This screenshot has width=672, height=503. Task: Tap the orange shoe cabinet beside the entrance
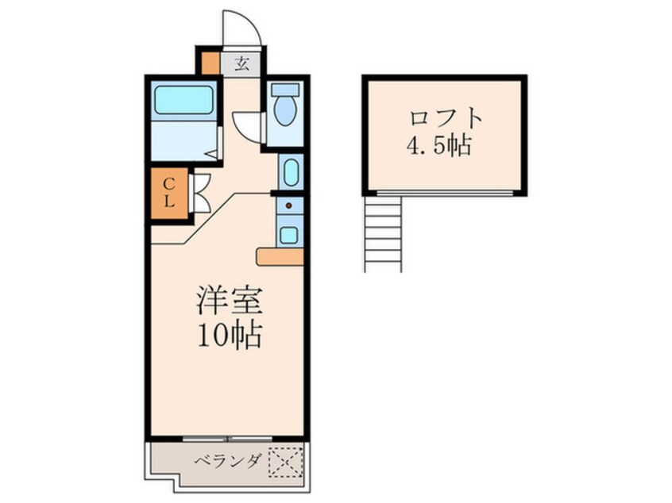tap(209, 63)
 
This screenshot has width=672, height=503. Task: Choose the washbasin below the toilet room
tap(290, 171)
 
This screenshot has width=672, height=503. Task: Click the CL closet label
tap(169, 194)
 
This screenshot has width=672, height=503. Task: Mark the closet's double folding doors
tap(199, 194)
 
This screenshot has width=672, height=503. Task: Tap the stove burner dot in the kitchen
tap(289, 208)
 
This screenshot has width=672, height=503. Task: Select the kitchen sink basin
tap(289, 234)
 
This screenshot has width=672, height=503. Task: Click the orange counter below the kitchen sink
tap(280, 256)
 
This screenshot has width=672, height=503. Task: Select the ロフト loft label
tap(446, 119)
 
